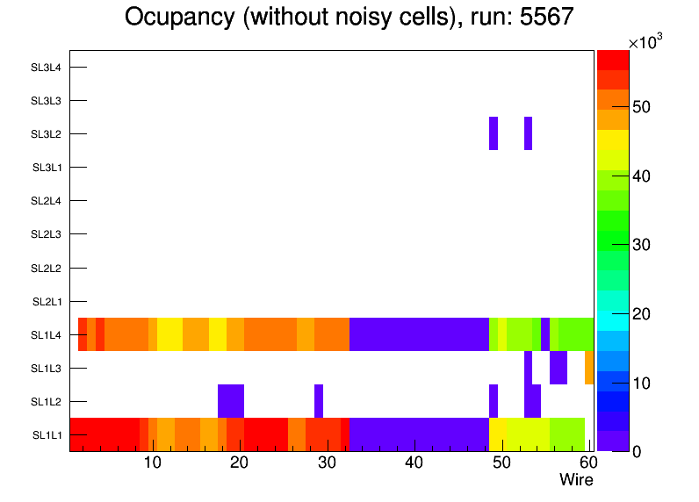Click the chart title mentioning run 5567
pyautogui.click(x=349, y=18)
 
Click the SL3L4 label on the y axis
pyautogui.click(x=46, y=68)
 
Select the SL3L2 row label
pyautogui.click(x=46, y=134)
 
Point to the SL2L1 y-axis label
pyautogui.click(x=46, y=302)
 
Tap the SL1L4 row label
pyautogui.click(x=46, y=335)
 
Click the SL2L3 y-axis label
pyautogui.click(x=46, y=234)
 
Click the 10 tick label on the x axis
pyautogui.click(x=152, y=463)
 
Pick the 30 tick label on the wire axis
pyautogui.click(x=327, y=463)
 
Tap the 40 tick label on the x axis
pyautogui.click(x=414, y=463)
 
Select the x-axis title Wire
pyautogui.click(x=576, y=480)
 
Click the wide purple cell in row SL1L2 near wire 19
pyautogui.click(x=231, y=401)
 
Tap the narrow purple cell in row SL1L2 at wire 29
pyautogui.click(x=319, y=401)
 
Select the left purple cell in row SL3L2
pyautogui.click(x=494, y=133)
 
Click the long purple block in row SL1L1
pyautogui.click(x=419, y=434)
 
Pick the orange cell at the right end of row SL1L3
pyautogui.click(x=589, y=368)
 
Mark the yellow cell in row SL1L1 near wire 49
pyautogui.click(x=498, y=434)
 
